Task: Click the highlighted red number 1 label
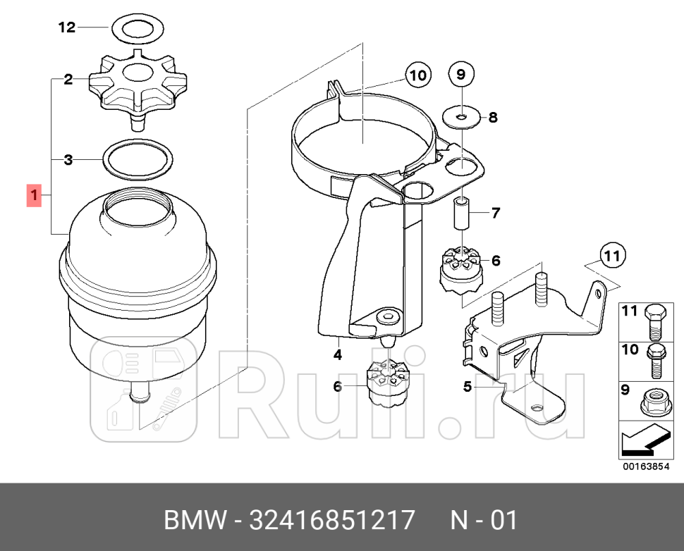pyautogui.click(x=34, y=195)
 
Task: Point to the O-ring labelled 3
pyautogui.click(x=138, y=160)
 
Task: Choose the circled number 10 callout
pyautogui.click(x=417, y=75)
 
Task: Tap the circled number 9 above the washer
pyautogui.click(x=461, y=73)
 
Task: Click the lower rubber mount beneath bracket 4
pyautogui.click(x=387, y=384)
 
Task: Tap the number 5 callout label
pyautogui.click(x=468, y=386)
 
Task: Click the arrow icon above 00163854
pyautogui.click(x=645, y=441)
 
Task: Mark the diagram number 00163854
pyautogui.click(x=645, y=466)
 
